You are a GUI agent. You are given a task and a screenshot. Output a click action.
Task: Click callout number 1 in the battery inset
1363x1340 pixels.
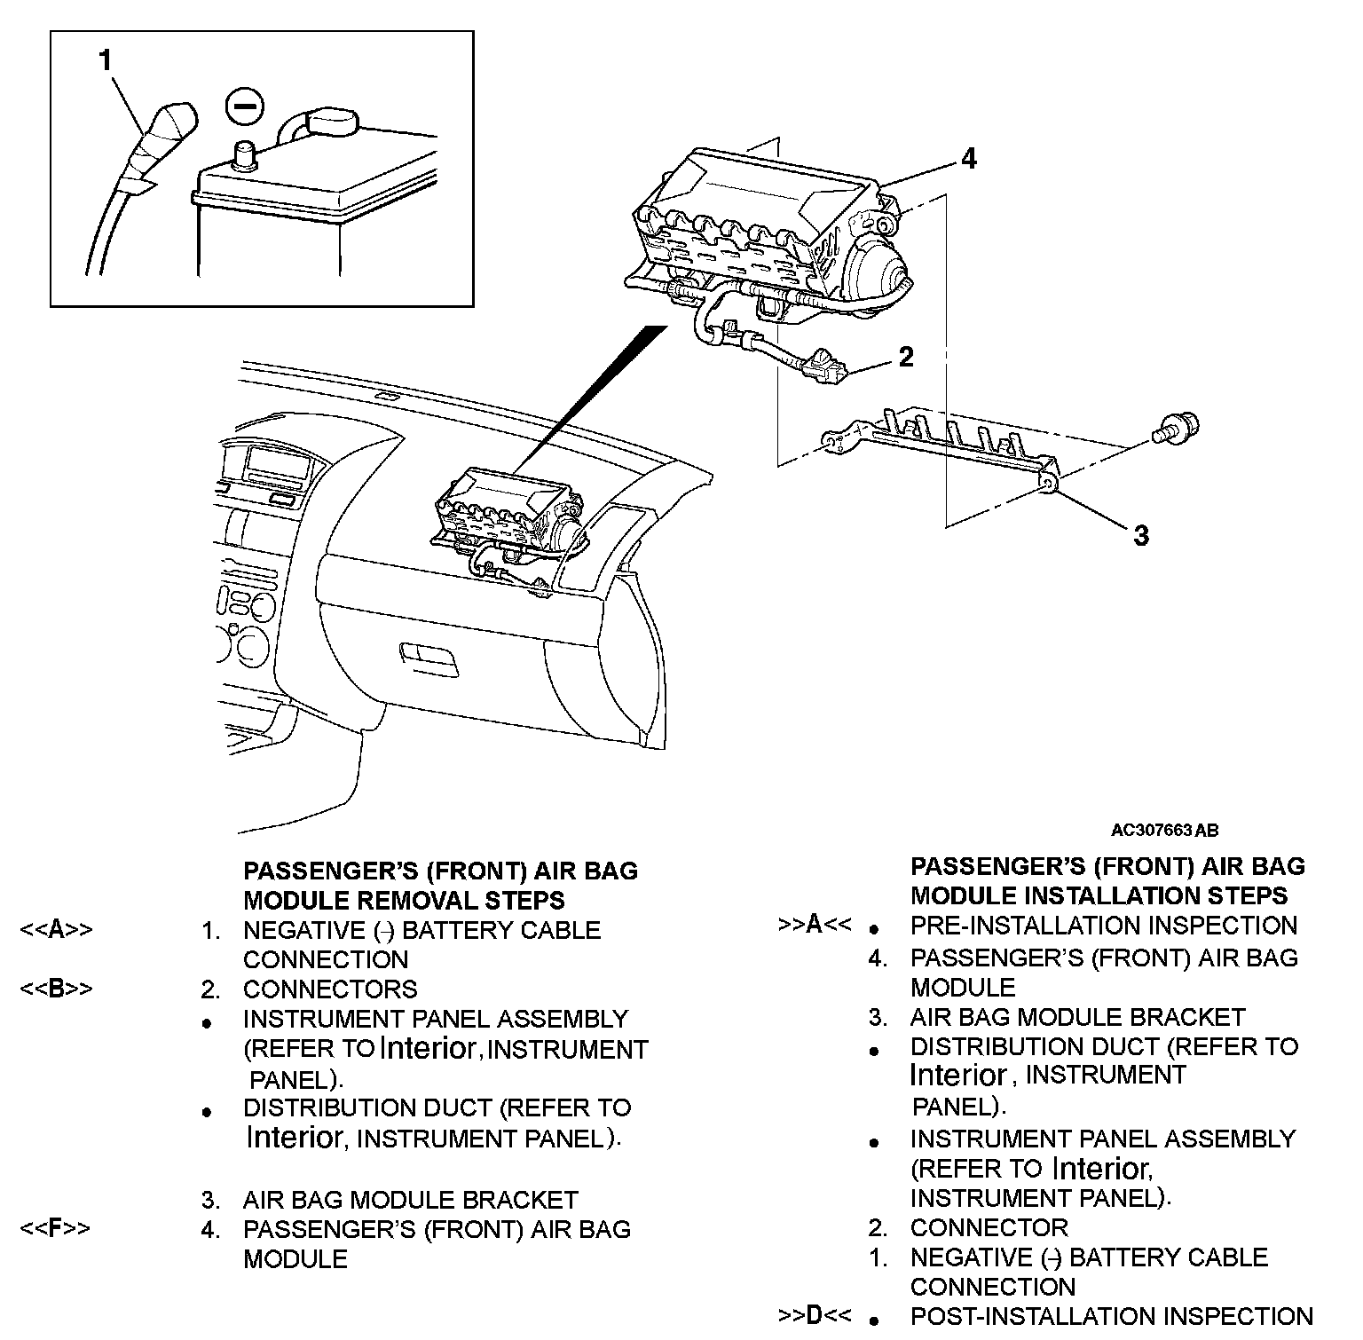click(106, 60)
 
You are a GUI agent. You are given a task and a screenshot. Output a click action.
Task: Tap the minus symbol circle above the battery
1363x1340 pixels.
click(245, 106)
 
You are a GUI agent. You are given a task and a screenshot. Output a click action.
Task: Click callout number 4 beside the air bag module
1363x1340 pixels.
click(968, 159)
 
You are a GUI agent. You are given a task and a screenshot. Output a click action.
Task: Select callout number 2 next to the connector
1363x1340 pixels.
click(905, 356)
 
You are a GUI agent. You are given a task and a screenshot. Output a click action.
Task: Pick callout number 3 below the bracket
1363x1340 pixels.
click(1140, 535)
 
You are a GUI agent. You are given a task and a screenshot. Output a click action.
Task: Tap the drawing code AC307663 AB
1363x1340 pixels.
click(1164, 831)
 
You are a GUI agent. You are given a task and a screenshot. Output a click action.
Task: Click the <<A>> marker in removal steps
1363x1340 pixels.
click(56, 930)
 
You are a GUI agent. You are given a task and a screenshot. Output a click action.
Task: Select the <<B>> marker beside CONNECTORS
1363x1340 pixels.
click(56, 989)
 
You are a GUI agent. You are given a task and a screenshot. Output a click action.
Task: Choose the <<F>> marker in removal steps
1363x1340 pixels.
click(55, 1229)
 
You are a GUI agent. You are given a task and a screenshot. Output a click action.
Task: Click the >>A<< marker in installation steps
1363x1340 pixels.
click(814, 925)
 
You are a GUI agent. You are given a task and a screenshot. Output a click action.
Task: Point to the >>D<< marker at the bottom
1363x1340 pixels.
click(814, 1316)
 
